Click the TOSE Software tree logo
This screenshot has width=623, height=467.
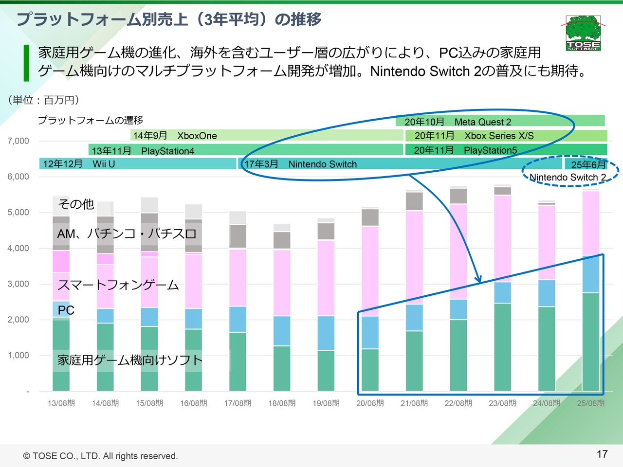(583, 33)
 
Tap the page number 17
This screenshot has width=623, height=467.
(602, 454)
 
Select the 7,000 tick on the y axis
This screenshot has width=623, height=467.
(18, 141)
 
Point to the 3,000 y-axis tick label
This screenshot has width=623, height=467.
(18, 284)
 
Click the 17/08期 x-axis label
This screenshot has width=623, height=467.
(238, 403)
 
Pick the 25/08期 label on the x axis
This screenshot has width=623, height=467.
(590, 403)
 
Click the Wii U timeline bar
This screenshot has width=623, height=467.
(137, 164)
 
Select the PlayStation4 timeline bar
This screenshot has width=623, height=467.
(245, 150)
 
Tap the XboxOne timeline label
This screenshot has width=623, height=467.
(197, 136)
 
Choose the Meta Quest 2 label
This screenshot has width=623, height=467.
(482, 122)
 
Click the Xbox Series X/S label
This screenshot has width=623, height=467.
(499, 136)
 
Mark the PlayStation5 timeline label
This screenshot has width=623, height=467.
(490, 150)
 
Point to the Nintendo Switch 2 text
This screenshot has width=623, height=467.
(568, 178)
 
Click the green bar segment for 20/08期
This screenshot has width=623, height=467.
(370, 370)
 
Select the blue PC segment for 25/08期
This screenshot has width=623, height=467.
(590, 274)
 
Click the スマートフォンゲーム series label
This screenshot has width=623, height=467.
(118, 285)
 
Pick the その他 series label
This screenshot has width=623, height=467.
(76, 204)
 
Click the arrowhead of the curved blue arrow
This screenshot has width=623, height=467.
(479, 281)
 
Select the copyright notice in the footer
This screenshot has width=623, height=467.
(101, 456)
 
